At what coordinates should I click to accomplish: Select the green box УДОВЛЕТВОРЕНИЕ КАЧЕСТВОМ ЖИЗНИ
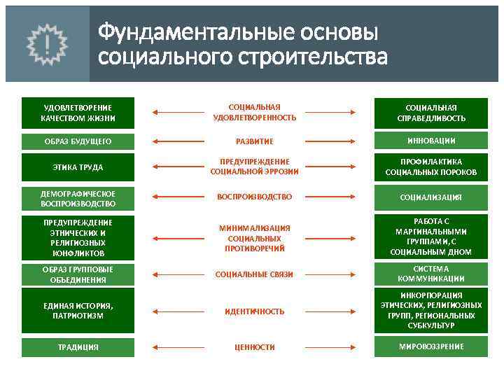pyautogui.click(x=77, y=113)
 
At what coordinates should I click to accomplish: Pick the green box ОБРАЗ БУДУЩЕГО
pyautogui.click(x=77, y=141)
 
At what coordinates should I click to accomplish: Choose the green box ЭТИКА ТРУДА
pyautogui.click(x=77, y=167)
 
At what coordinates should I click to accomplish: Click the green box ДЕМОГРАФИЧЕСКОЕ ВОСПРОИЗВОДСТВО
pyautogui.click(x=77, y=198)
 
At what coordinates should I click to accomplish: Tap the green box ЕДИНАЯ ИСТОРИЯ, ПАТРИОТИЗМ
pyautogui.click(x=77, y=310)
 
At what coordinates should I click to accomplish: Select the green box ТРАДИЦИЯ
pyautogui.click(x=77, y=347)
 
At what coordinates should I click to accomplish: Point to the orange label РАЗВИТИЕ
pyautogui.click(x=254, y=141)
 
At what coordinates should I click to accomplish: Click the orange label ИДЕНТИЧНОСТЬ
pyautogui.click(x=254, y=311)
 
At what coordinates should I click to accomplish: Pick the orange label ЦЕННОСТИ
pyautogui.click(x=254, y=347)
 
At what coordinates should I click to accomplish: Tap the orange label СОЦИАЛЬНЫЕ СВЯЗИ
pyautogui.click(x=254, y=274)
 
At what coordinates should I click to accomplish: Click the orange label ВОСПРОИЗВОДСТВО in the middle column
pyautogui.click(x=254, y=197)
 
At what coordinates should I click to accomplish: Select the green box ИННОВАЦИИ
pyautogui.click(x=430, y=141)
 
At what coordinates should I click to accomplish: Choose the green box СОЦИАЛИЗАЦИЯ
pyautogui.click(x=430, y=197)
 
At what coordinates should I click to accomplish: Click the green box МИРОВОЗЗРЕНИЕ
pyautogui.click(x=430, y=346)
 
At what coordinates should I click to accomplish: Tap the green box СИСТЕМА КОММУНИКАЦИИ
pyautogui.click(x=430, y=274)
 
